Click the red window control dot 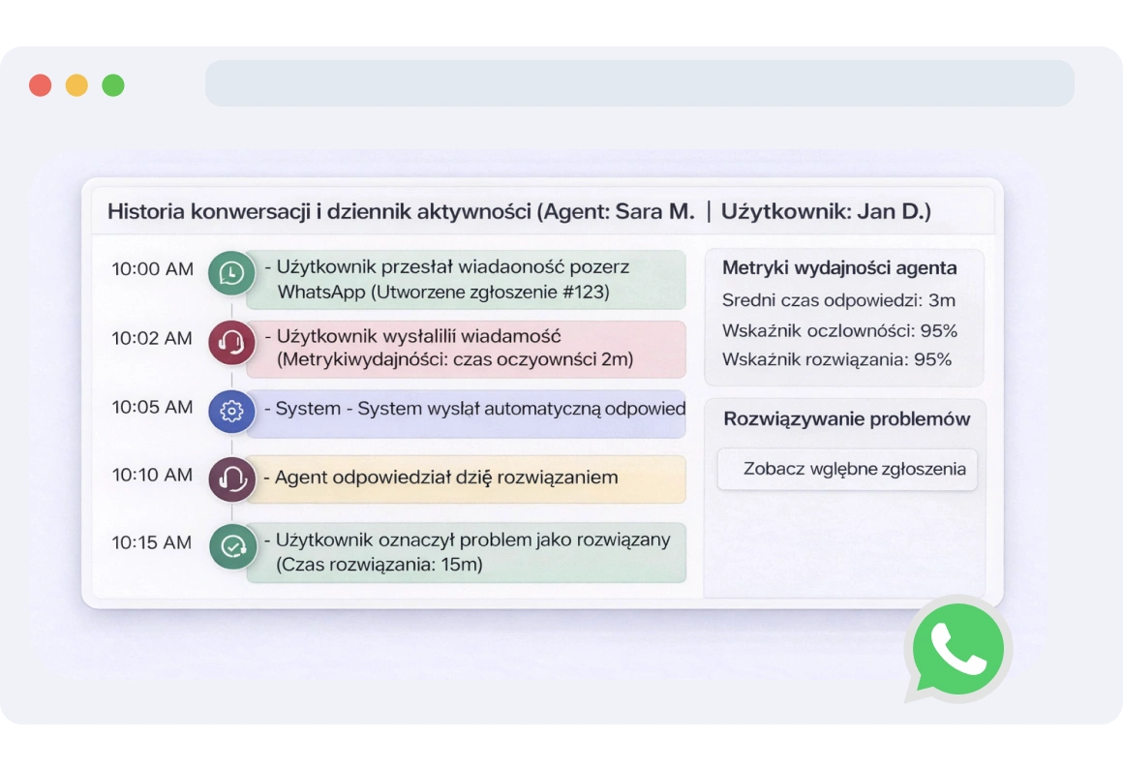tap(40, 85)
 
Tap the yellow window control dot tap(76, 85)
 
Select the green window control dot tap(113, 85)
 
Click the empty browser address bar tap(639, 83)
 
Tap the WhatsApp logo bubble tap(957, 648)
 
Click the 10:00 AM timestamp tap(152, 269)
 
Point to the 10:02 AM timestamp tap(152, 338)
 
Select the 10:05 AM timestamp tap(152, 407)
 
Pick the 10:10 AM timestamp tap(152, 475)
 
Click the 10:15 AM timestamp tap(152, 542)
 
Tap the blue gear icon tap(231, 411)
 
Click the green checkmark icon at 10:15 tap(232, 546)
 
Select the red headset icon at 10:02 tap(231, 342)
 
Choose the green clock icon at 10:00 tap(231, 273)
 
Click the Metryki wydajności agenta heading tap(839, 268)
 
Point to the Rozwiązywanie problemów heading tap(847, 419)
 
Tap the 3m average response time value tap(941, 300)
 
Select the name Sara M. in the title tap(654, 211)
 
